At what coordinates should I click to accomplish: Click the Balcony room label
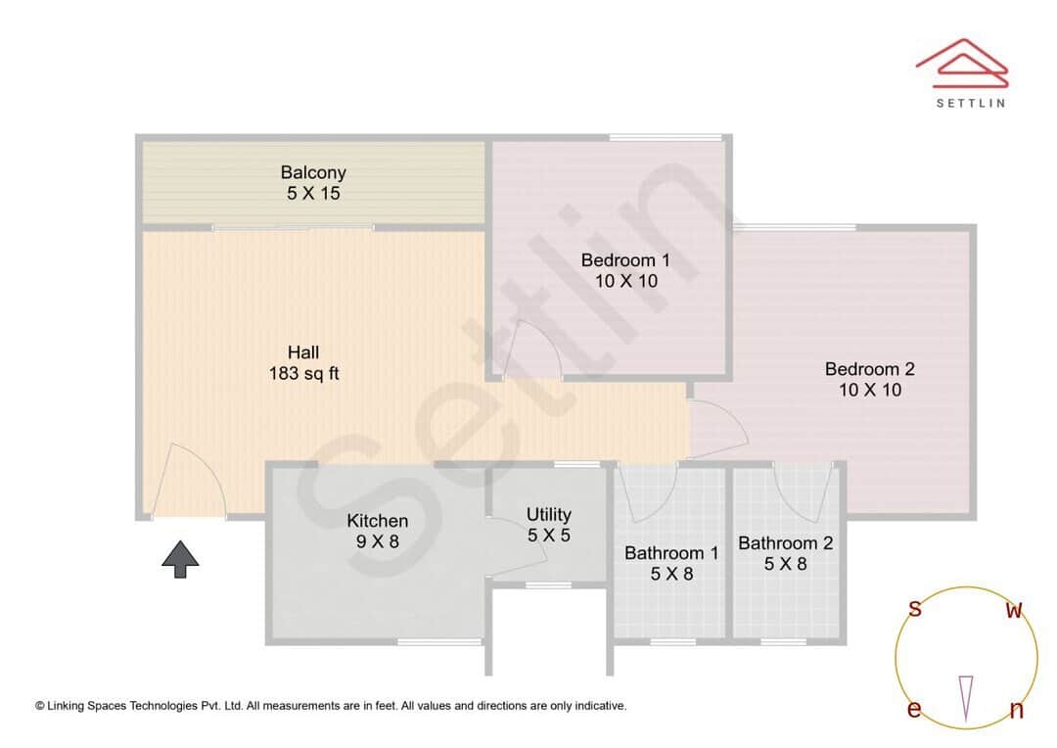(x=313, y=183)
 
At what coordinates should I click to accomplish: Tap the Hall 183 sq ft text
(x=303, y=362)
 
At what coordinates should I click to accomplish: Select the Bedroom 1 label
(x=625, y=270)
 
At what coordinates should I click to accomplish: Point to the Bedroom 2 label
(x=869, y=379)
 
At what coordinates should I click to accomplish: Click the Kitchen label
(x=378, y=530)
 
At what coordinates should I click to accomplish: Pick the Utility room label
(x=548, y=524)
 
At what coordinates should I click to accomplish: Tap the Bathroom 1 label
(x=671, y=563)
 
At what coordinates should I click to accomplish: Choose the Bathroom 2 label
(x=785, y=553)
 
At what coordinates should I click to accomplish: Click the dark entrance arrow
(x=180, y=559)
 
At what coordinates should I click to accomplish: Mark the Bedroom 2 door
(x=717, y=430)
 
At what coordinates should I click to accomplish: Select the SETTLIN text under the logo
(x=970, y=102)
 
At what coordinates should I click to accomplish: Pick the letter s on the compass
(x=915, y=609)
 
